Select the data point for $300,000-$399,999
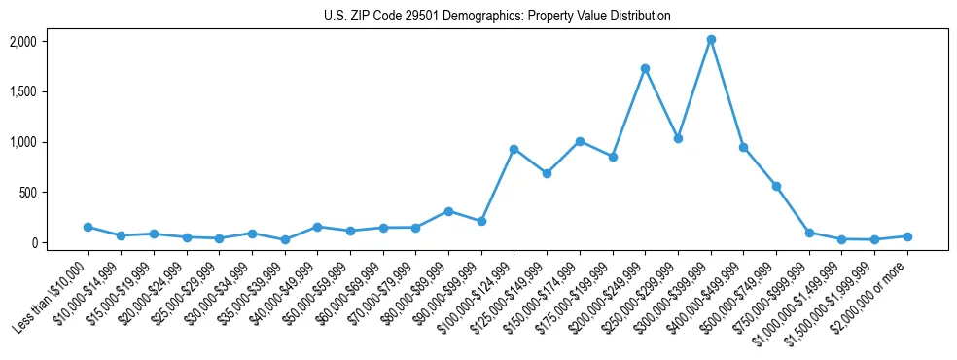click(x=711, y=40)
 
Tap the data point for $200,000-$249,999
click(x=645, y=69)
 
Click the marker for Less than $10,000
click(x=88, y=227)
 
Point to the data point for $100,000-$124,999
click(x=514, y=149)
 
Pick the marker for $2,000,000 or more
click(x=907, y=236)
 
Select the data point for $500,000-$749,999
click(x=776, y=186)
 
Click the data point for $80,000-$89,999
click(x=448, y=211)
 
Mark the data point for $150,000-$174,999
click(x=580, y=141)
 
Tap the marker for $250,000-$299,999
click(x=678, y=138)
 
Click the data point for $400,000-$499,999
click(x=743, y=148)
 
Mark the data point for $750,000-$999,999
click(x=809, y=233)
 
